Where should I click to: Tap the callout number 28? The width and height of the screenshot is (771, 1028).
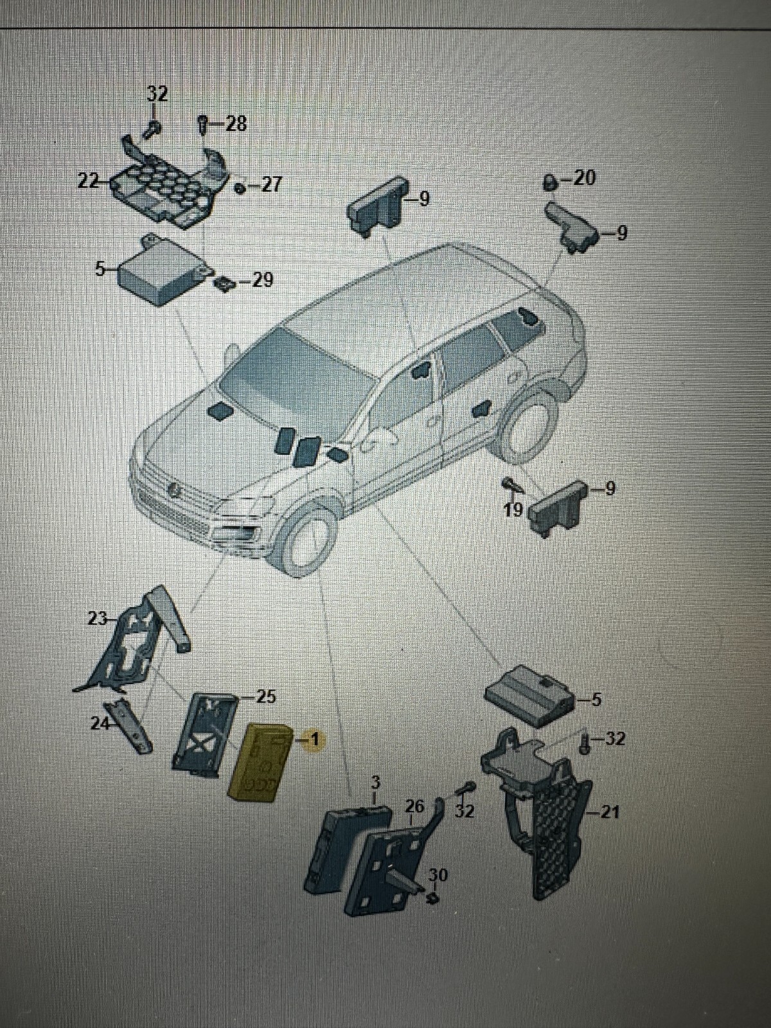[236, 124]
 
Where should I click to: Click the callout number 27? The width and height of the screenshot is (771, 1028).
[271, 185]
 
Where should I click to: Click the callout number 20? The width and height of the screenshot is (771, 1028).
[584, 178]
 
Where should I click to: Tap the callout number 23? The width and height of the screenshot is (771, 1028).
[98, 619]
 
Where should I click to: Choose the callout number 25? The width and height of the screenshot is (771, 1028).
[265, 696]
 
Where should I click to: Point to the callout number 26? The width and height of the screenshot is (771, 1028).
[416, 805]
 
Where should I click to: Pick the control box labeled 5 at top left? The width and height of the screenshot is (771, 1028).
[161, 273]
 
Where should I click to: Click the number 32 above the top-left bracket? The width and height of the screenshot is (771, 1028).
[157, 94]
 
